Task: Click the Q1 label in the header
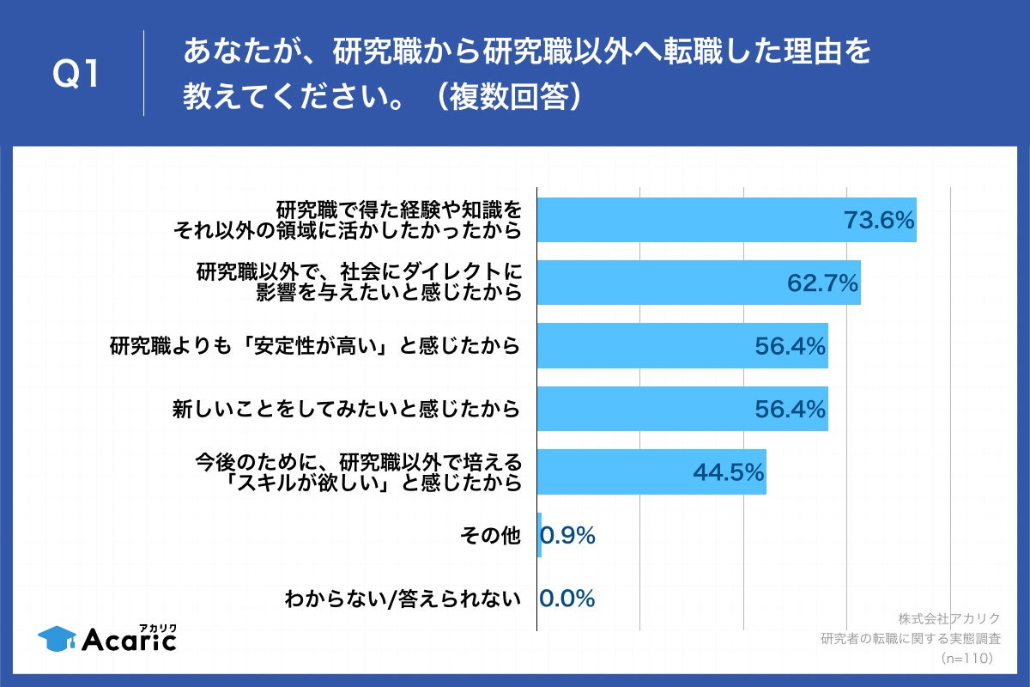point(77,76)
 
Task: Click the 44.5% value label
point(728,472)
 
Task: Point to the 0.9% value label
point(567,536)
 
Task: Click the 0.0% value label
point(567,599)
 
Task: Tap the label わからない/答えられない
point(403,599)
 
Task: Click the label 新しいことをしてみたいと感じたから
point(346,410)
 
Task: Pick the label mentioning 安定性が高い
point(314,346)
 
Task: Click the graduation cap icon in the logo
point(57,638)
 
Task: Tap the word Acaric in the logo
point(129,640)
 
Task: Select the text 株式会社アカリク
point(949,618)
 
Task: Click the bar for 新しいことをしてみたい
point(682,410)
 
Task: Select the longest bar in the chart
point(726,220)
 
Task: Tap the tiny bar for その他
point(539,536)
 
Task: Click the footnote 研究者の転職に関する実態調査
point(911,638)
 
